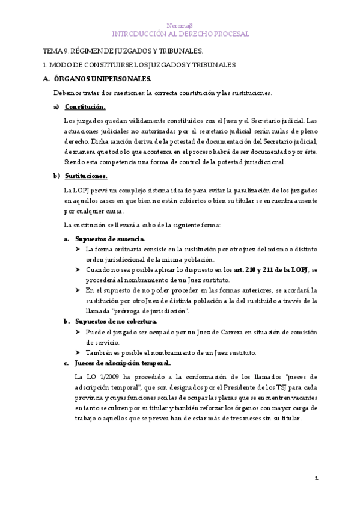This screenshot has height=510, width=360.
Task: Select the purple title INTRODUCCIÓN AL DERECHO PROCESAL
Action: click(180, 35)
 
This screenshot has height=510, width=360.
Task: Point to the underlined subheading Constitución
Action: click(85, 107)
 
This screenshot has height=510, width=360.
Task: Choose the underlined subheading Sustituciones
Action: click(86, 176)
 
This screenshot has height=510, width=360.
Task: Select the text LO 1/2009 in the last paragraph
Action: click(93, 376)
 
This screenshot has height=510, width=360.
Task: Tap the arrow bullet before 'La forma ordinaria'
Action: click(78, 249)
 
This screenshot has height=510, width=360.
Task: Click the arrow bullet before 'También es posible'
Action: click(78, 352)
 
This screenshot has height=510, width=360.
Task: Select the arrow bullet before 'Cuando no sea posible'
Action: click(78, 270)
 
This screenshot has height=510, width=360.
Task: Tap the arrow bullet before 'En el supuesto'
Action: click(78, 290)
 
